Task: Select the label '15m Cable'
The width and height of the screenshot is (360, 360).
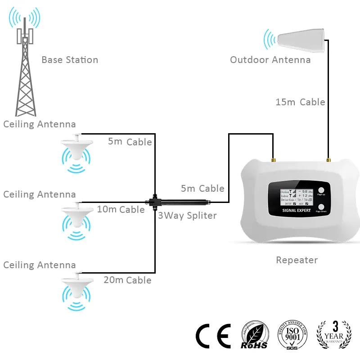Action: [300, 102]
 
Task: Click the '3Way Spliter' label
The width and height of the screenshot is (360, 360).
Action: [187, 216]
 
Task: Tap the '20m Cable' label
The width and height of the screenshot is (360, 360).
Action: [127, 280]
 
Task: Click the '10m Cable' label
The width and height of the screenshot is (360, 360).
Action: [121, 209]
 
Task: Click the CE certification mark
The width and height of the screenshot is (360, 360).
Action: [213, 337]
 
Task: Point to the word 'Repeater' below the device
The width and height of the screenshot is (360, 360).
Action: [297, 260]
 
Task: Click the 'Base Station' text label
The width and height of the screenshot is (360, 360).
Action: [70, 59]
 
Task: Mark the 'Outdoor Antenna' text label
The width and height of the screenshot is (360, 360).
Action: [270, 59]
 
